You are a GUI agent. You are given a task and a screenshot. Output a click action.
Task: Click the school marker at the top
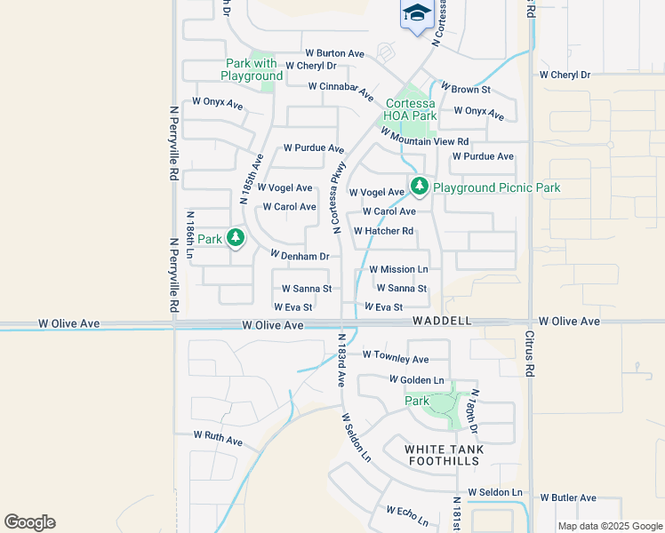415,14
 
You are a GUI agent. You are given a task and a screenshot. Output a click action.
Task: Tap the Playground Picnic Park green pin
420,187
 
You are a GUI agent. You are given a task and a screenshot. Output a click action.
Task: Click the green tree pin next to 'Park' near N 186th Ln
236,238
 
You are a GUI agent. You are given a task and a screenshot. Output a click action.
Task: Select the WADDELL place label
441,321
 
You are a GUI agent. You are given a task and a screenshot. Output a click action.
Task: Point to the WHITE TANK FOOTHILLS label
445,456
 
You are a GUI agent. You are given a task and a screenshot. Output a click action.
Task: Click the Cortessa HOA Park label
410,109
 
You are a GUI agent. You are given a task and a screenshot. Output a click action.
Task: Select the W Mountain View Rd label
424,136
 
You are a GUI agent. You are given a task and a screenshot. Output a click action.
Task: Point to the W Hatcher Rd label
384,231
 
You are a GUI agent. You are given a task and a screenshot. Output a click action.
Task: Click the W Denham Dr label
300,256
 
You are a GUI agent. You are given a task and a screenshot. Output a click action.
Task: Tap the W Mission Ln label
398,269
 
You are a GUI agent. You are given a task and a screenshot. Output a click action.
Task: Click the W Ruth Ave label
218,439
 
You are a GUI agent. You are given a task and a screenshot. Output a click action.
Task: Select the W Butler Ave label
574,498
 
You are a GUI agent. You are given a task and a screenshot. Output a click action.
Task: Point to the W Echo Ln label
407,515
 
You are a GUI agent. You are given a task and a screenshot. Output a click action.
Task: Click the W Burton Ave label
334,53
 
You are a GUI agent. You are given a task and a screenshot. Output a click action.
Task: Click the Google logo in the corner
29,522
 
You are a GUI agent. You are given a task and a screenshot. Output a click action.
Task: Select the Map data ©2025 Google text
609,526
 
